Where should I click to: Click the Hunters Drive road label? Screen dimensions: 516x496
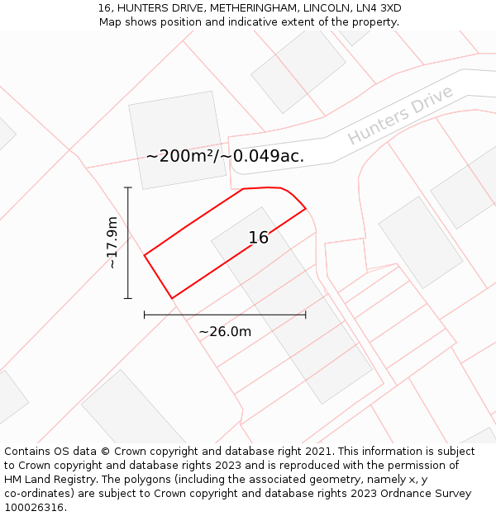tap(400, 115)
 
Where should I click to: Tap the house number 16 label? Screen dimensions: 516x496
tap(259, 238)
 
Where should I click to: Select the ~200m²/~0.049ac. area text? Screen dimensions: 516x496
tap(225, 156)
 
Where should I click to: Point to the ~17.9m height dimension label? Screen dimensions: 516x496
tap(112, 243)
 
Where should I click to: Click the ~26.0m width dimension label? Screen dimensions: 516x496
tap(225, 331)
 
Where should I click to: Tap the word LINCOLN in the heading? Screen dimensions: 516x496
tap(322, 8)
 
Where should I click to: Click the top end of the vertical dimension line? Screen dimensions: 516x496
tap(128, 188)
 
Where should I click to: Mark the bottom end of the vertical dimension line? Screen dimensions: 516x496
tap(128, 298)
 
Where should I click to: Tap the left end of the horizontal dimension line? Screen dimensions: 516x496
tap(145, 315)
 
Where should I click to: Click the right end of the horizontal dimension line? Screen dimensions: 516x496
tap(306, 315)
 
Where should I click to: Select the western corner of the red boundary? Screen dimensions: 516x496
tap(145, 256)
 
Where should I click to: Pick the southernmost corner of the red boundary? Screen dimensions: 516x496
tap(172, 298)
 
